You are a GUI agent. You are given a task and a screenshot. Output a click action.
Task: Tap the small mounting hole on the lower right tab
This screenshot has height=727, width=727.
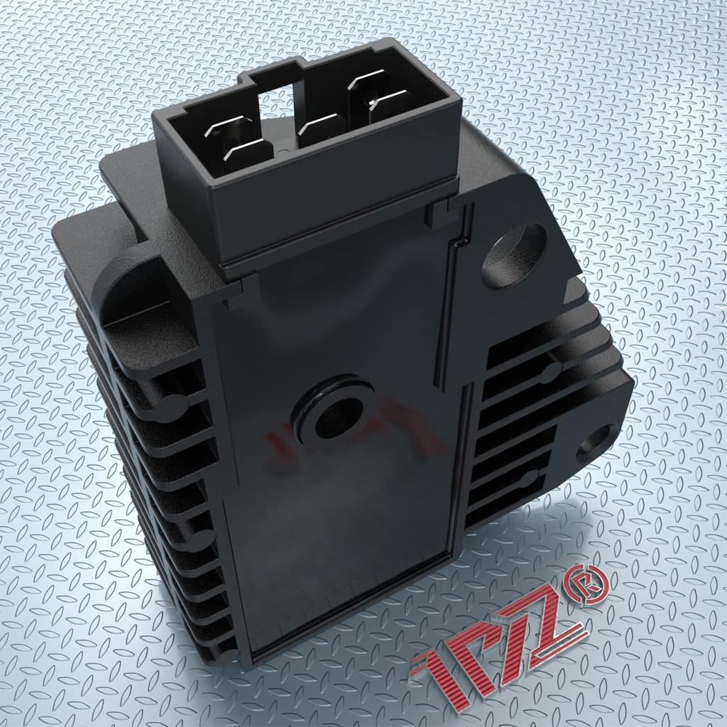point(596,443)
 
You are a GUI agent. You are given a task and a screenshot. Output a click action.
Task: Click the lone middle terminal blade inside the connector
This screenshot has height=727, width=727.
point(322,128)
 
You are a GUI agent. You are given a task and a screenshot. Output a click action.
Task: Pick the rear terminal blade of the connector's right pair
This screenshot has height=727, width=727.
point(369,82)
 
